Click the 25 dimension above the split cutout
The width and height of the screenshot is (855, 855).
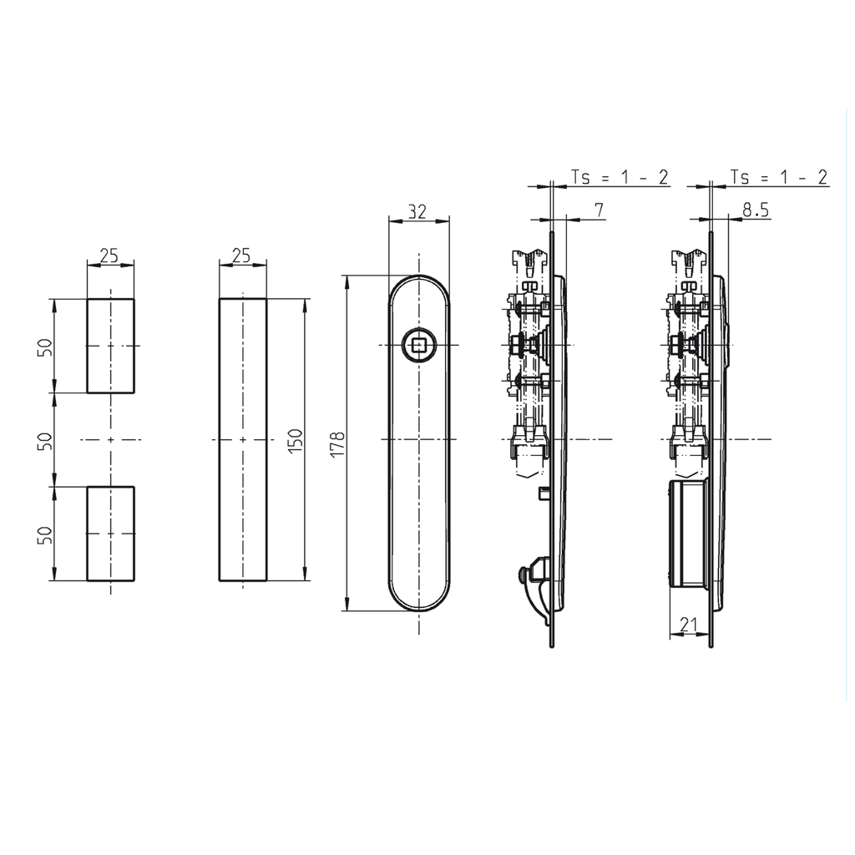(109, 255)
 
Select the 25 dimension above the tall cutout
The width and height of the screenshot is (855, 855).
(241, 255)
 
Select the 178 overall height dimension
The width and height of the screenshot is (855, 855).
(336, 443)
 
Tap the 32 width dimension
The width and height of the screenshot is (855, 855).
(417, 211)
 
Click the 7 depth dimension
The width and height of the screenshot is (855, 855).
(598, 209)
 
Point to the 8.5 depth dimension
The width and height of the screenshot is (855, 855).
(755, 210)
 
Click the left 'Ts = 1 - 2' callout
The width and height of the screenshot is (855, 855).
(619, 177)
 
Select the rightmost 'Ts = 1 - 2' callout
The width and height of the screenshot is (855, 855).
(778, 177)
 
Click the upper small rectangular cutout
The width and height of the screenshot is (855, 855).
(110, 346)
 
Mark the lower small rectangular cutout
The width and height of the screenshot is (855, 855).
(110, 534)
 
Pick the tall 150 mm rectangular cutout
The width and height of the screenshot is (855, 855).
(243, 439)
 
